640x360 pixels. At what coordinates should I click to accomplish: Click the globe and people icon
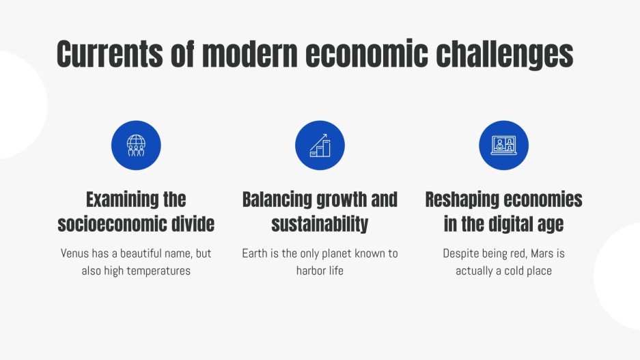coord(136,146)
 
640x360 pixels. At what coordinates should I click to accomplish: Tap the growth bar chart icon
coord(320,146)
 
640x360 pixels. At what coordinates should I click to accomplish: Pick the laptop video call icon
coord(504,146)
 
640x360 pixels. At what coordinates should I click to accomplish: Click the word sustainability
coord(320,223)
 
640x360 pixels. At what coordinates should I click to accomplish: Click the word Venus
coord(75,253)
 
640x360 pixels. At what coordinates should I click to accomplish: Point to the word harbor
coord(311,271)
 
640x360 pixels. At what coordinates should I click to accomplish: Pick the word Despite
coord(461,253)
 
